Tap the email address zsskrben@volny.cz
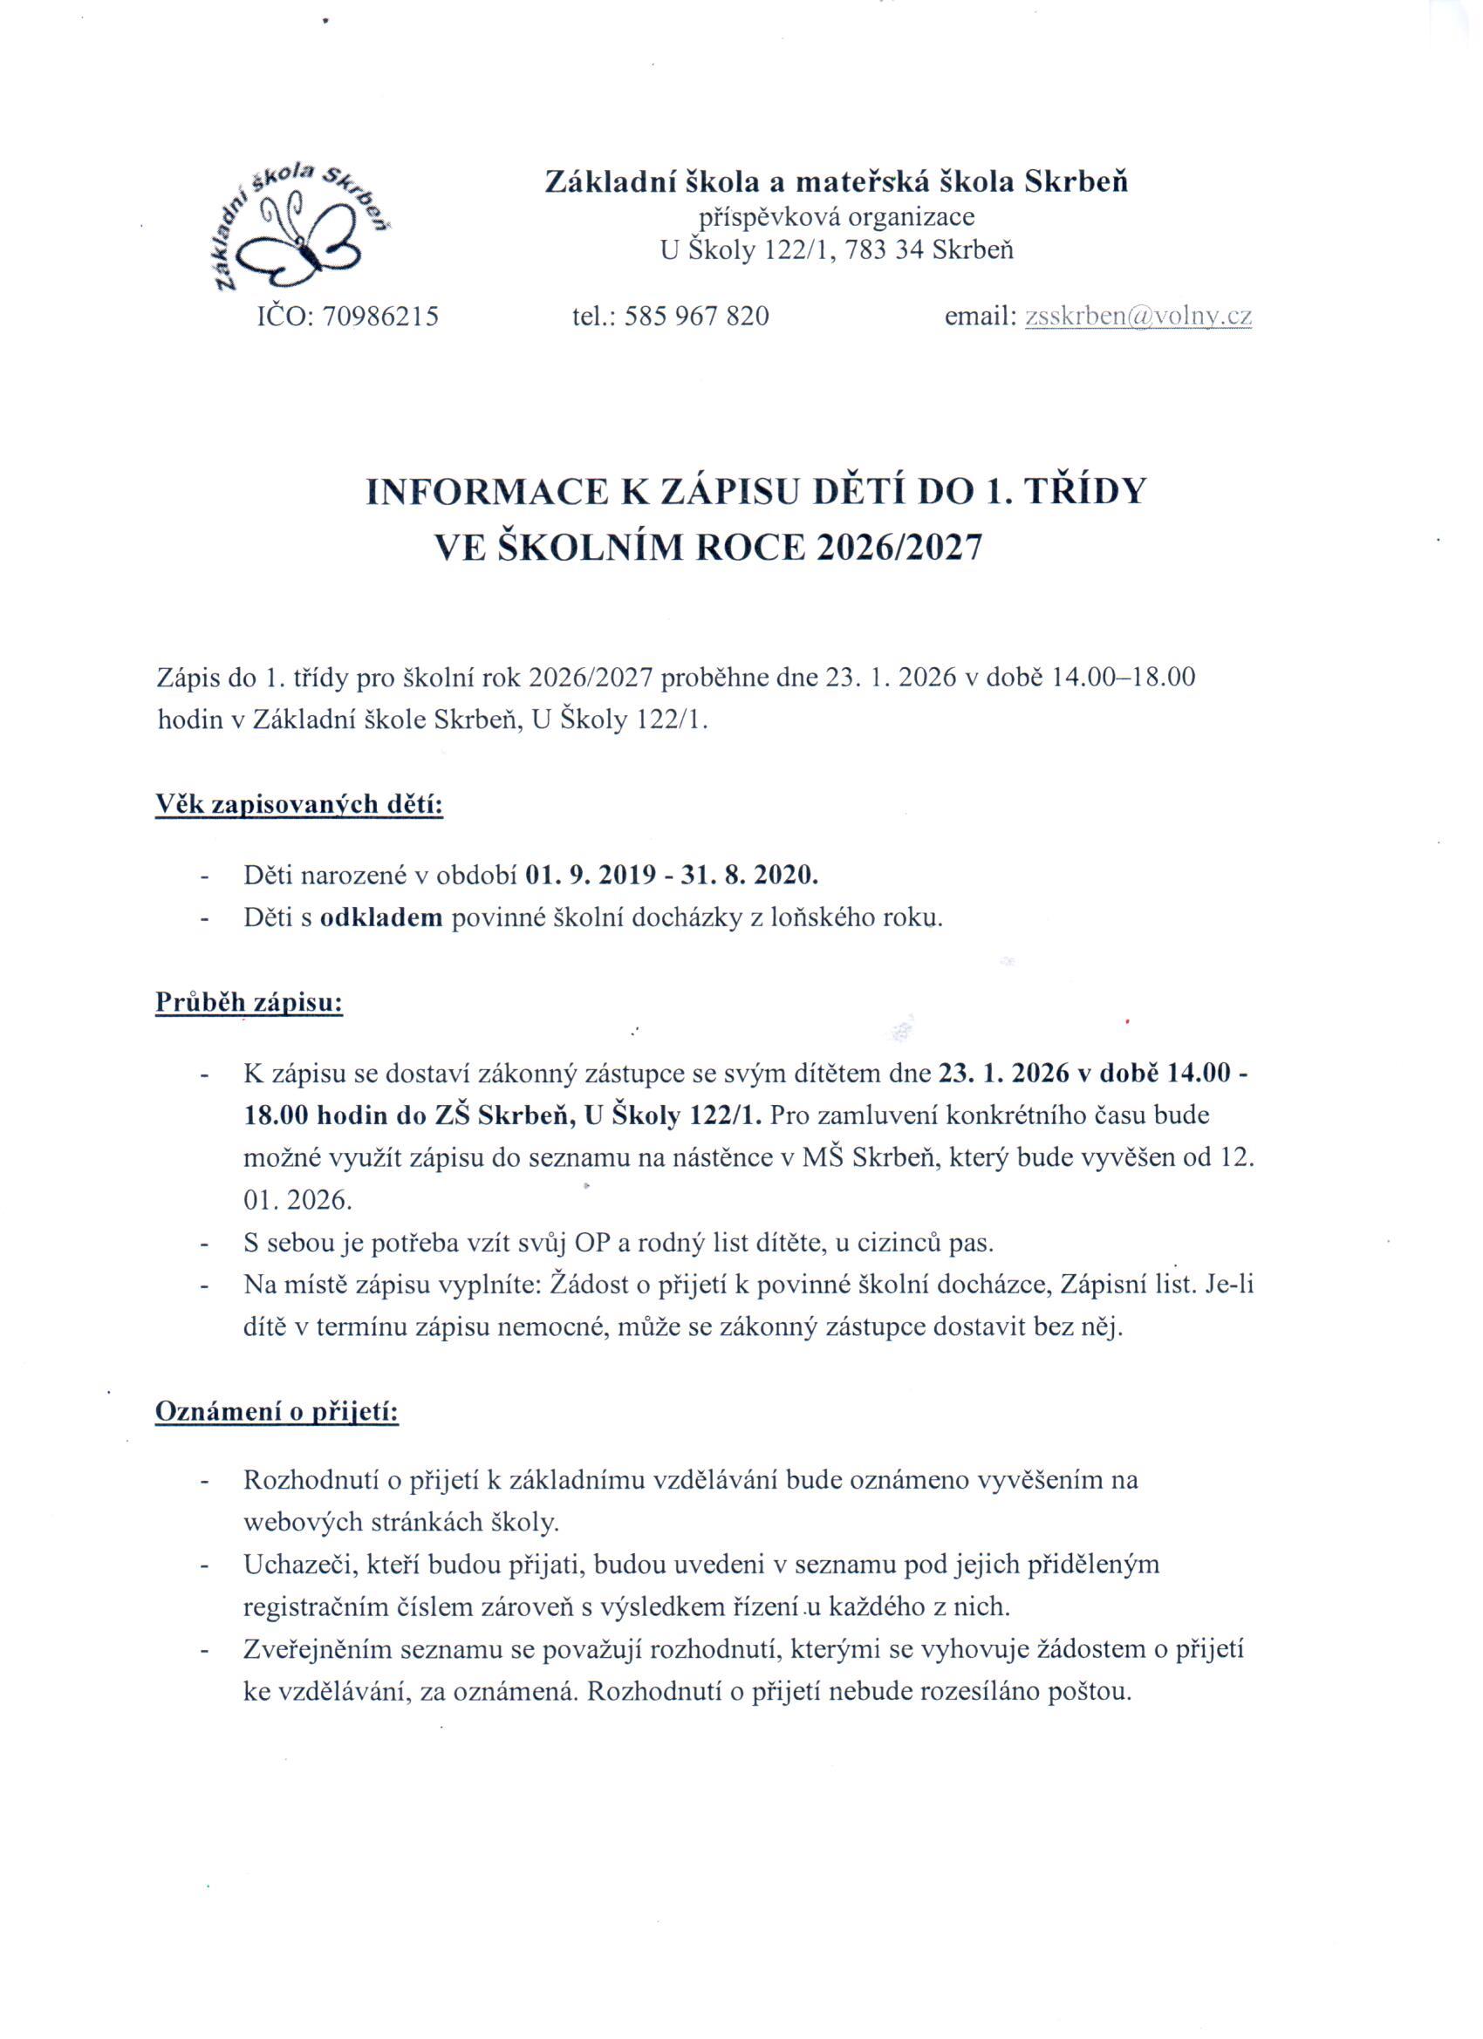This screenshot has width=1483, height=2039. point(1138,316)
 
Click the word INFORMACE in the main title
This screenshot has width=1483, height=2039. point(482,493)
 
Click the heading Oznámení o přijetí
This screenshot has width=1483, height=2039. point(277,1411)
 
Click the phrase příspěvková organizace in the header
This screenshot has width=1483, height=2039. point(837,215)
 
